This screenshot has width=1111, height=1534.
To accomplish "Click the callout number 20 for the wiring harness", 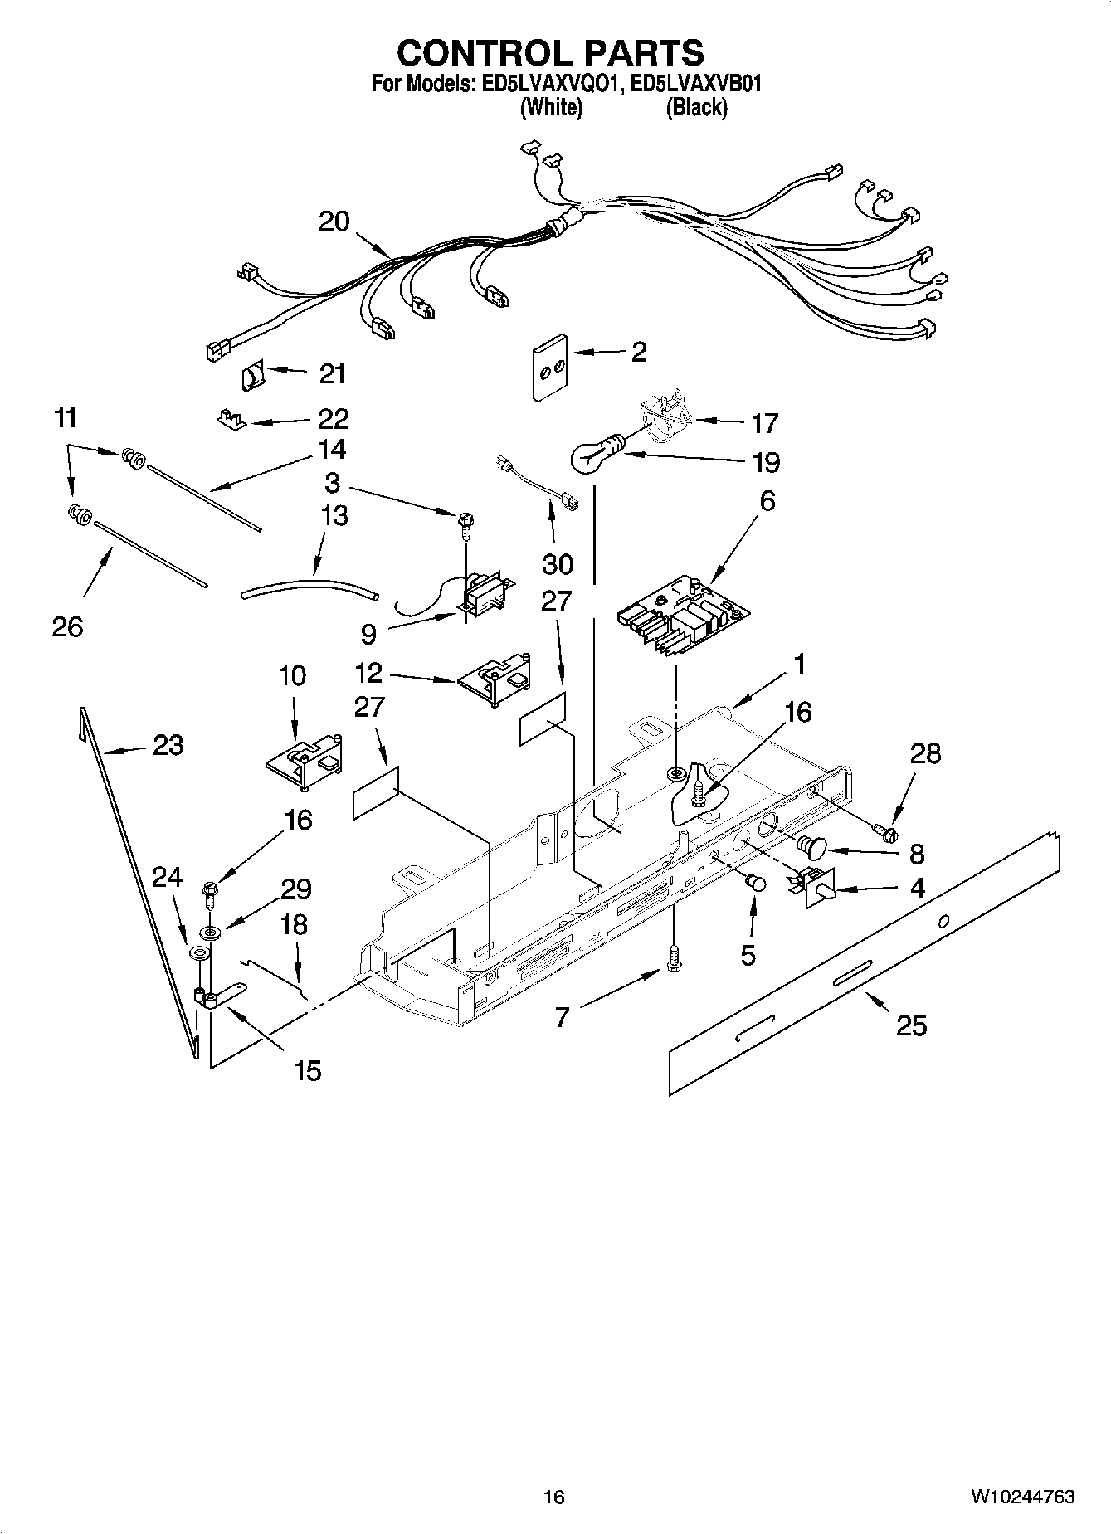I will [334, 222].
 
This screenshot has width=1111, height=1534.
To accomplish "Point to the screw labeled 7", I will [674, 958].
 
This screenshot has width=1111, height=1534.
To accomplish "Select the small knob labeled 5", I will [756, 883].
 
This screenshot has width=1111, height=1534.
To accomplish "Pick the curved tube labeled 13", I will [309, 588].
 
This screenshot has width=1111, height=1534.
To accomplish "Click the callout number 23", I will [168, 745].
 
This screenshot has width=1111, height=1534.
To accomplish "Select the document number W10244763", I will [1022, 1497].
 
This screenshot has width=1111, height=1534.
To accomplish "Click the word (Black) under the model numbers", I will [696, 107].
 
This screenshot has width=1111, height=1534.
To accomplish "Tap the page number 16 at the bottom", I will [553, 1497].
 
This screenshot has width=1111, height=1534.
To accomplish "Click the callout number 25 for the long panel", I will [911, 1025].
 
